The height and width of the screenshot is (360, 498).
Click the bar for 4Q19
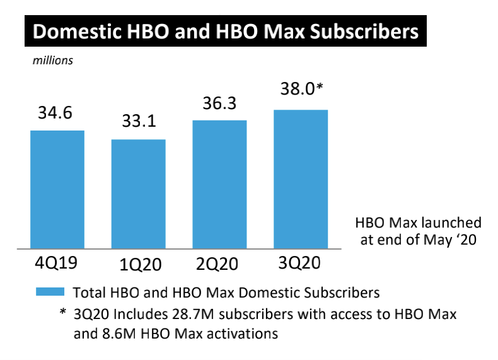point(57,189)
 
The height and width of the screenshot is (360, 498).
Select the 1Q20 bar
point(138,194)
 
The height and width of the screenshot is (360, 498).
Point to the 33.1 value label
point(138,123)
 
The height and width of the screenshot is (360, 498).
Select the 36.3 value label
point(219,103)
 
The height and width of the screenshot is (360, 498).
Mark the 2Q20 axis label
point(220,264)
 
